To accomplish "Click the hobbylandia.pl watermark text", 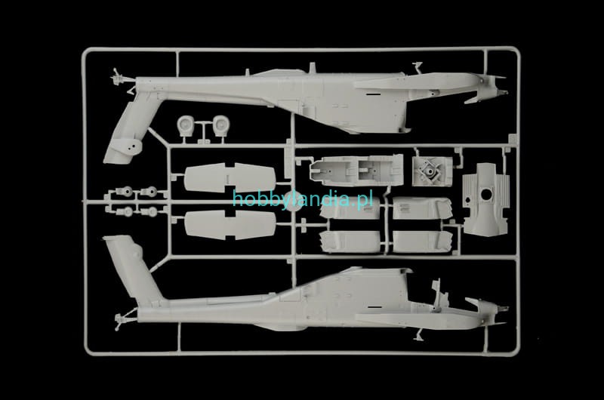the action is (x=303, y=199).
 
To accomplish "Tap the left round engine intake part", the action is (x=185, y=125).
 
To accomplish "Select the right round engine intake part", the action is (x=220, y=125).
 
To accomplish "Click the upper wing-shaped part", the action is (x=230, y=177).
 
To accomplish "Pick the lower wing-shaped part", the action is (x=230, y=225).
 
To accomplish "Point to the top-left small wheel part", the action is (x=126, y=191).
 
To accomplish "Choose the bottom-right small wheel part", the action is (x=151, y=211).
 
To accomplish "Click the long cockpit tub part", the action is (x=356, y=169).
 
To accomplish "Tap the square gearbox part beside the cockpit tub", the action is (x=432, y=171).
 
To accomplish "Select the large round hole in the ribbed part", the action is (x=486, y=194).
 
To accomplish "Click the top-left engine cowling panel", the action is (x=350, y=208).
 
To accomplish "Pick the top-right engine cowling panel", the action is (x=422, y=208).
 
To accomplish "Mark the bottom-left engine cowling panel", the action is (x=350, y=242).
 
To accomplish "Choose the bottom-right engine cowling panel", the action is (x=423, y=242).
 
